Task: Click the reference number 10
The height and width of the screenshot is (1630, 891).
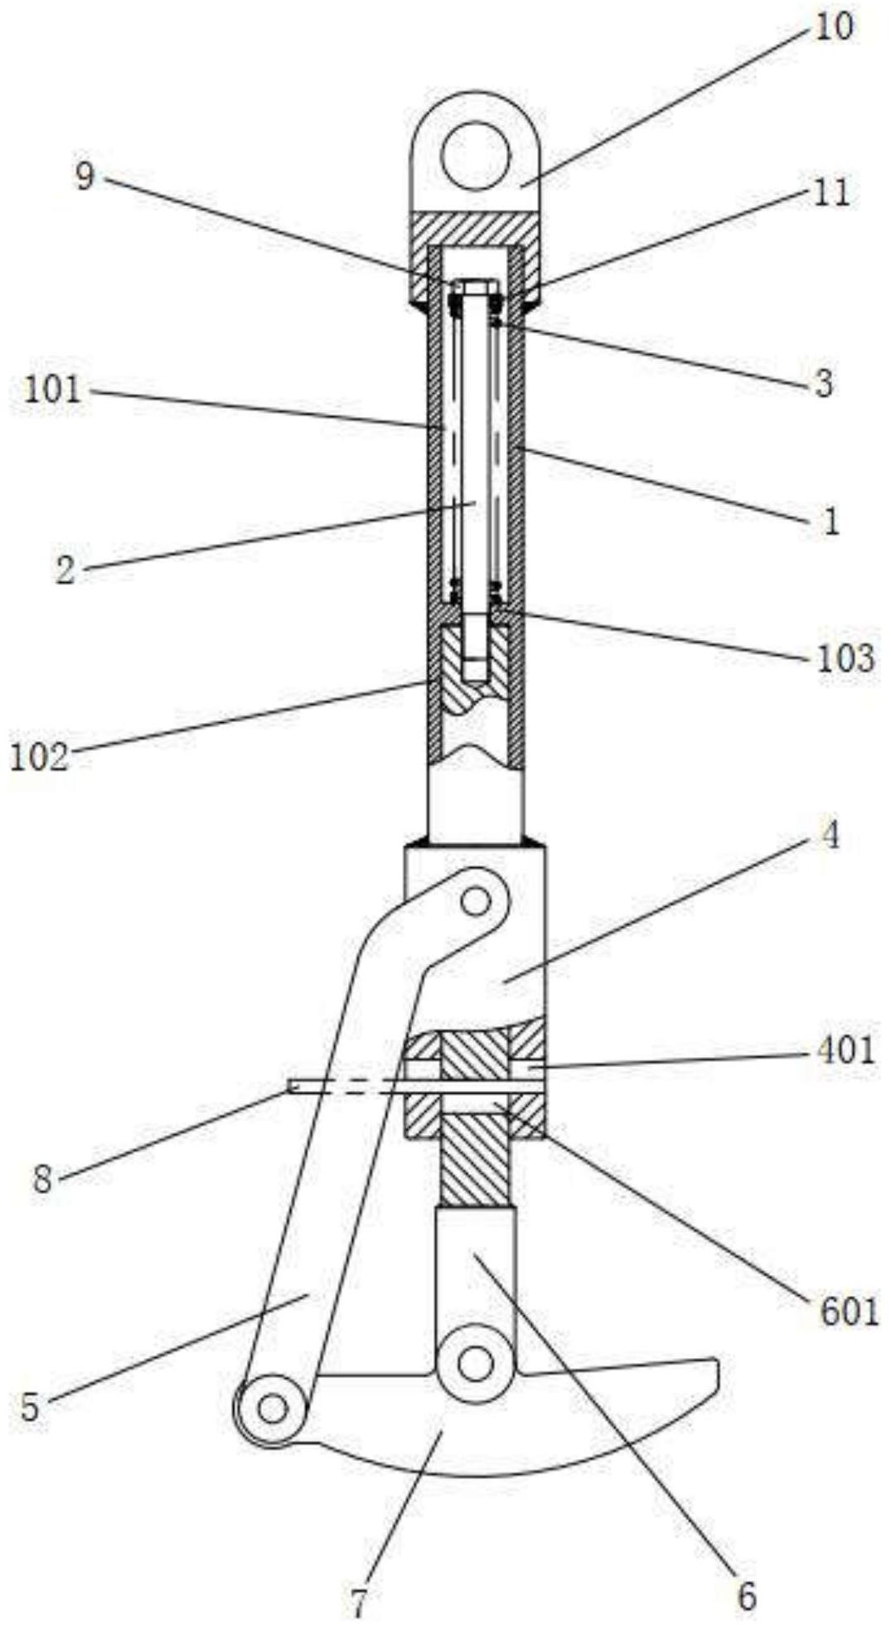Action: coord(832,27)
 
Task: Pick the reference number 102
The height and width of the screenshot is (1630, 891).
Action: coord(39,758)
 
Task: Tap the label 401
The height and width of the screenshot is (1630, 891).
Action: coord(843,1050)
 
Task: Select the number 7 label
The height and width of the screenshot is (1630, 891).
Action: coord(358,1603)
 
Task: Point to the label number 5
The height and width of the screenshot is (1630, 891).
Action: coord(30,1407)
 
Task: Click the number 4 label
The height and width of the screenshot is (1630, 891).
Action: coord(830,836)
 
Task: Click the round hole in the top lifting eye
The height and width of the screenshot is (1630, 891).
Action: coord(475,155)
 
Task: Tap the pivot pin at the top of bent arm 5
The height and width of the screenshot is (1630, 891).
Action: coord(475,901)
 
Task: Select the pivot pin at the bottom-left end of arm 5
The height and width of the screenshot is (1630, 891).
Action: coord(272,1407)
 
